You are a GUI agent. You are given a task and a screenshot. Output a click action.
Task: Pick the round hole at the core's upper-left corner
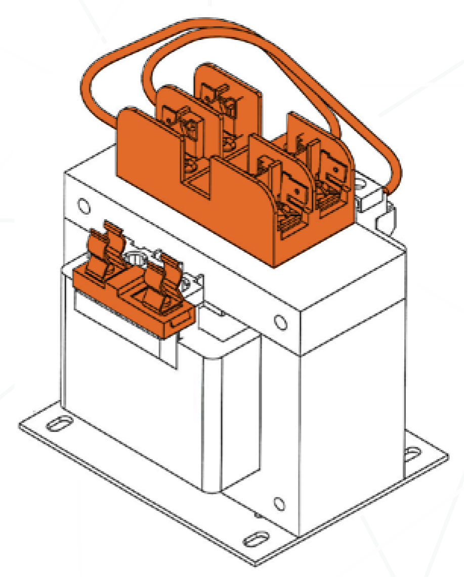[81, 204]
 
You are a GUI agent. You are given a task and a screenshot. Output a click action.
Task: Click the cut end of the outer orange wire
[387, 191]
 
